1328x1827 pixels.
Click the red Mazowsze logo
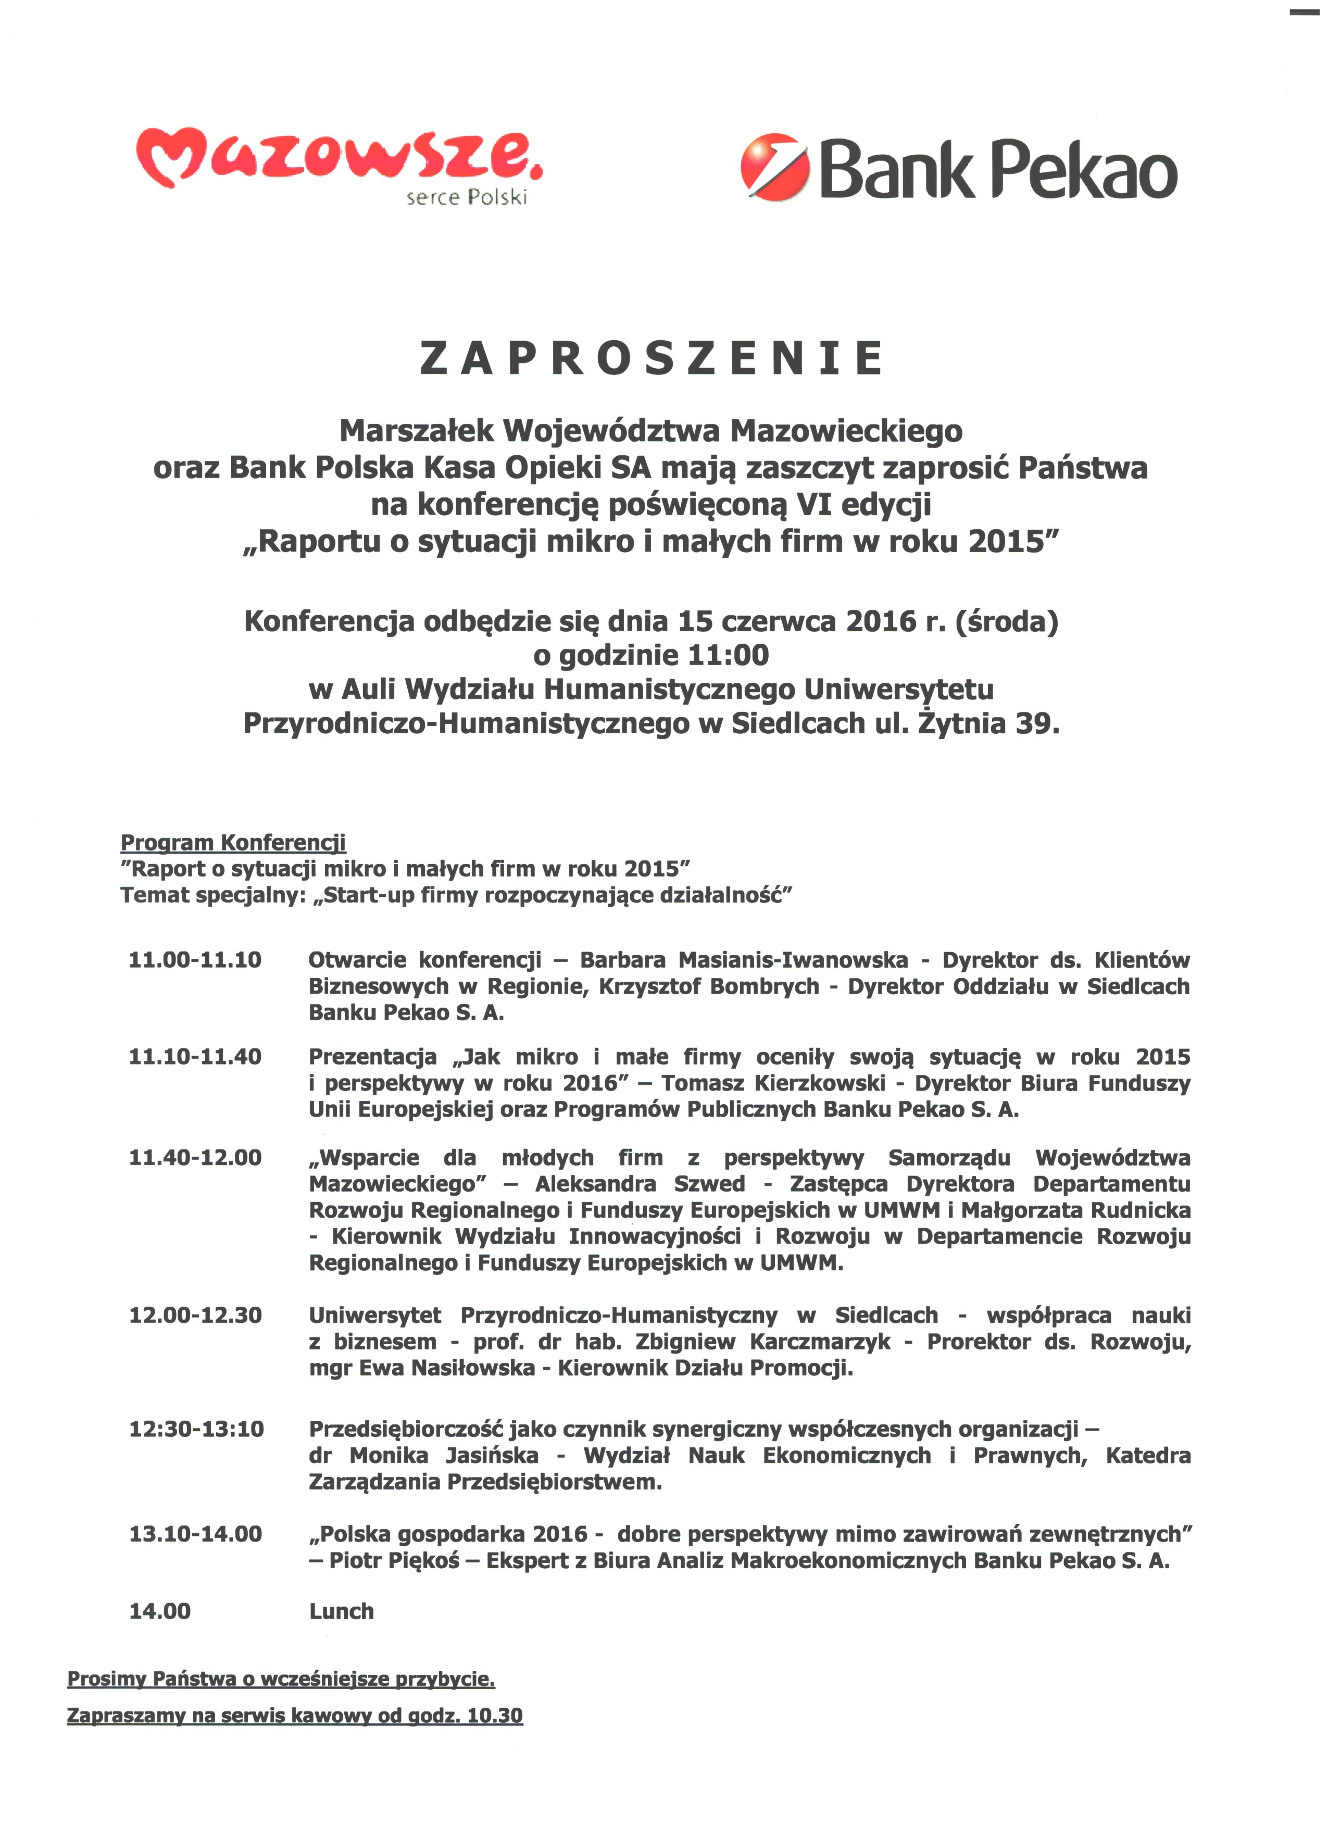pyautogui.click(x=338, y=157)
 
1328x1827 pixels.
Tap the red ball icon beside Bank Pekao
pyautogui.click(x=774, y=167)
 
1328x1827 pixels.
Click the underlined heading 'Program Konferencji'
pyautogui.click(x=233, y=843)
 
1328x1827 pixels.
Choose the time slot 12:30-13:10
pyautogui.click(x=196, y=1429)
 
